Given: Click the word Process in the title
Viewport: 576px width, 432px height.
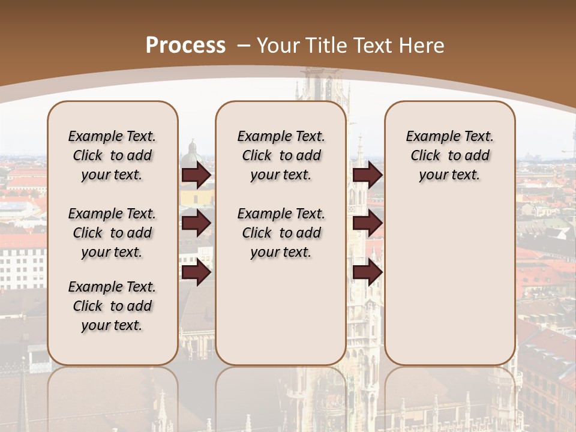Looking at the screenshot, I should pos(185,45).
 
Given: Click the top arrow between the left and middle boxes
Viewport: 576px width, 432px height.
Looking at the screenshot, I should pos(196,175).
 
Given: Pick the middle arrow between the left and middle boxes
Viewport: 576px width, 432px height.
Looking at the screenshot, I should pos(196,224).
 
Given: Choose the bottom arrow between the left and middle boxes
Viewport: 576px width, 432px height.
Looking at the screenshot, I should pos(196,272).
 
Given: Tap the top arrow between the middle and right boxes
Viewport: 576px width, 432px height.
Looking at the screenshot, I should pos(367,175).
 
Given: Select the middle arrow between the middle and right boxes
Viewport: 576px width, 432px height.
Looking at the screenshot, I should pos(367,224).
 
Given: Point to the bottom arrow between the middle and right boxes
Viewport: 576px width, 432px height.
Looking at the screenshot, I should pos(367,272).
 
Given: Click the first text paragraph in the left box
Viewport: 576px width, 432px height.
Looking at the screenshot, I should pos(112,155).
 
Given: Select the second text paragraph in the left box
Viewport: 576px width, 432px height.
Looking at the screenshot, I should pos(112,233).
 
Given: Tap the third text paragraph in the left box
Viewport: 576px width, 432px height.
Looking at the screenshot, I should pos(112,306).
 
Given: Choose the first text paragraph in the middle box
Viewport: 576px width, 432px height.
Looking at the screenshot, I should pos(281,155).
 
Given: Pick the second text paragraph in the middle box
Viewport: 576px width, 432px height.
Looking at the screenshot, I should pos(281,233).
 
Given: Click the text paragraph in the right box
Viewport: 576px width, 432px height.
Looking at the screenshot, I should pos(450,155).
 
